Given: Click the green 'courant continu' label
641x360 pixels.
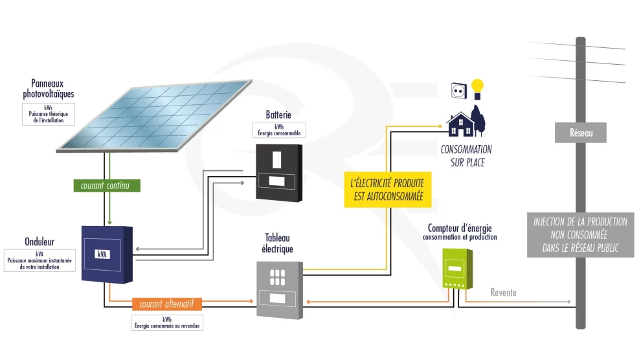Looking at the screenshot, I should click(105, 185).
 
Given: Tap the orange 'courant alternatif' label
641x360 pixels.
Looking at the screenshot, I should click(167, 304).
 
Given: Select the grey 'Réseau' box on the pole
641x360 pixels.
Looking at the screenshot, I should click(581, 133).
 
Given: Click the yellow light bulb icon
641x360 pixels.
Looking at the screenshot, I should click(477, 87).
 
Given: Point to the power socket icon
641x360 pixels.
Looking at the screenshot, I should click(458, 90).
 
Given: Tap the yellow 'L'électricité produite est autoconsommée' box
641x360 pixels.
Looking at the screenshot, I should click(386, 189).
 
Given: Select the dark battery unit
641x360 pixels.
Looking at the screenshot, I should click(278, 172).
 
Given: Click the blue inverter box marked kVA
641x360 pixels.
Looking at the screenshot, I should click(107, 253).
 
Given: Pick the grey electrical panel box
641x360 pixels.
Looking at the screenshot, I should click(279, 288).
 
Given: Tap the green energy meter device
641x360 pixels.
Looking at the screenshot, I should click(456, 269).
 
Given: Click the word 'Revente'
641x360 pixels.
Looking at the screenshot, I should click(503, 293).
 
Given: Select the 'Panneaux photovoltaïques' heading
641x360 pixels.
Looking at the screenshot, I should click(49, 89).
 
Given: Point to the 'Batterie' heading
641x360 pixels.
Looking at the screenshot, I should click(278, 115).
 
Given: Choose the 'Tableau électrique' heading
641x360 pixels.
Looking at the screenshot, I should click(278, 243).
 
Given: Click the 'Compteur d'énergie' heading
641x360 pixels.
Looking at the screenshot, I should click(460, 228).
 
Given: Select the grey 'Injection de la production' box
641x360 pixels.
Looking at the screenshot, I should click(580, 234).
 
